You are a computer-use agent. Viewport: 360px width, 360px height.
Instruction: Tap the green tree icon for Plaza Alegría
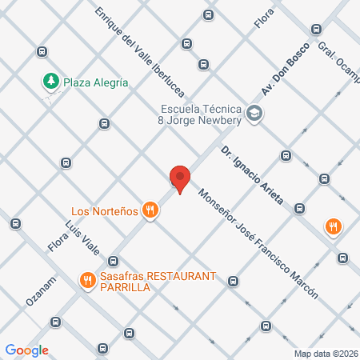[x=50, y=81]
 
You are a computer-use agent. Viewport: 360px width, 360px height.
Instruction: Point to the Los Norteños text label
[x=102, y=211]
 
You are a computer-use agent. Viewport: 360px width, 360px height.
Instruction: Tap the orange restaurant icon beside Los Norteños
[x=150, y=210]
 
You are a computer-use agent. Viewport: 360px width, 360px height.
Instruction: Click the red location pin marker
[x=180, y=179]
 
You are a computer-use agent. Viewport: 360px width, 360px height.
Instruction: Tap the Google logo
[x=27, y=350]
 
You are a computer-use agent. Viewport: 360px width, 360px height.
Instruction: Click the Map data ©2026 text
[x=326, y=354]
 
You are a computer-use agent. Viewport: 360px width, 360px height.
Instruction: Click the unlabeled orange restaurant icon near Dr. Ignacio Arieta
[x=334, y=227]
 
